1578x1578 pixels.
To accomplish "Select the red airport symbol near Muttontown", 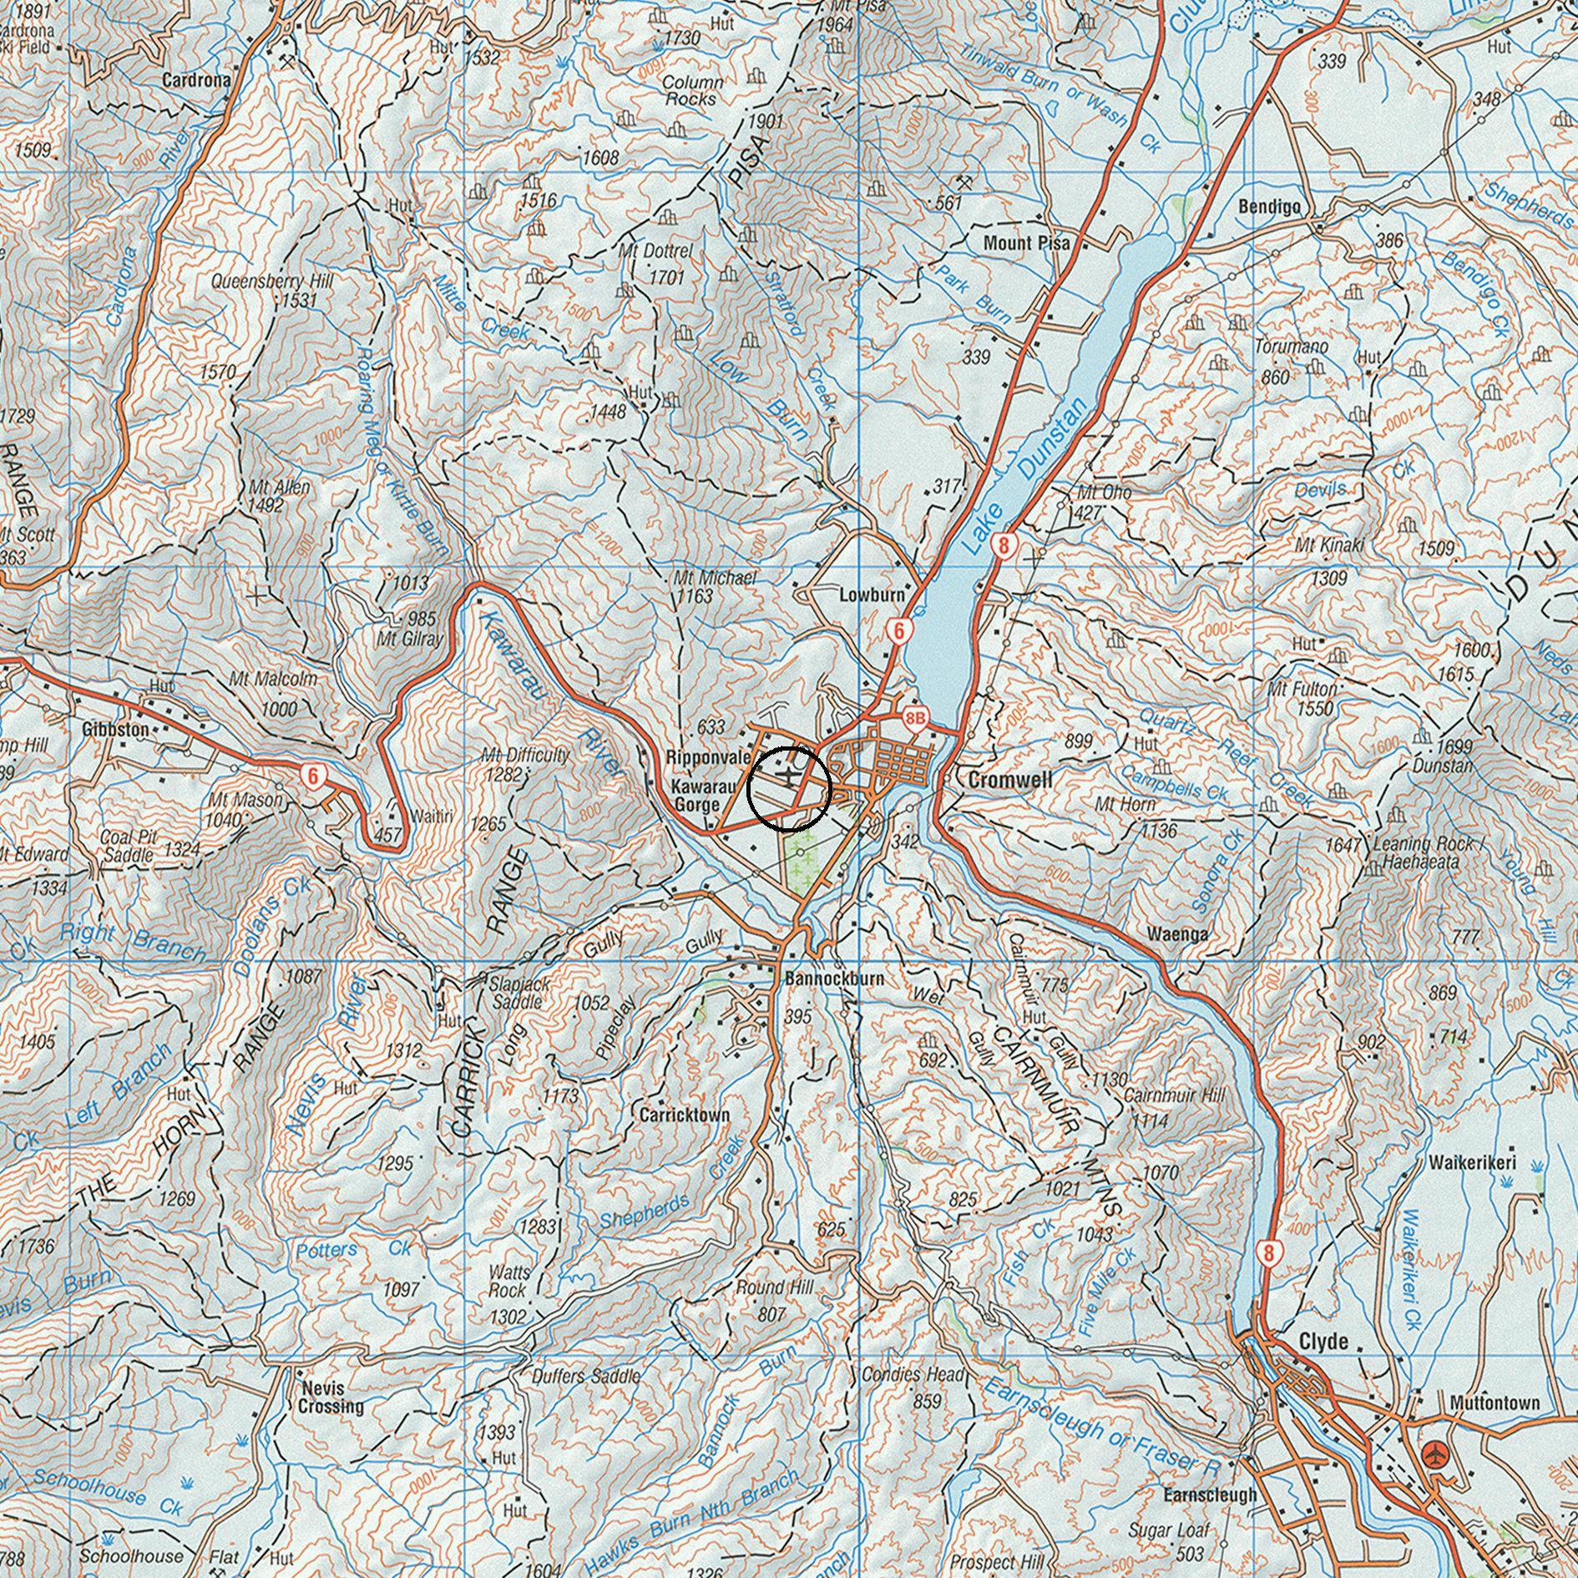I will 1435,1453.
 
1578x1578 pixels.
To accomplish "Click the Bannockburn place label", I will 834,978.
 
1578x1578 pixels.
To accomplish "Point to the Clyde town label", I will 1323,1342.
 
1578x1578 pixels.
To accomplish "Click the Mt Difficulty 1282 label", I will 525,764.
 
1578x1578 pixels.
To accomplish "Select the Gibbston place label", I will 116,729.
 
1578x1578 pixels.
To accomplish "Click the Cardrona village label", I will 196,81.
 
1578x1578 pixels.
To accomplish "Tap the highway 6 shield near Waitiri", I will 314,776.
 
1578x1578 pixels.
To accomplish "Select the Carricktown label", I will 685,1115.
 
